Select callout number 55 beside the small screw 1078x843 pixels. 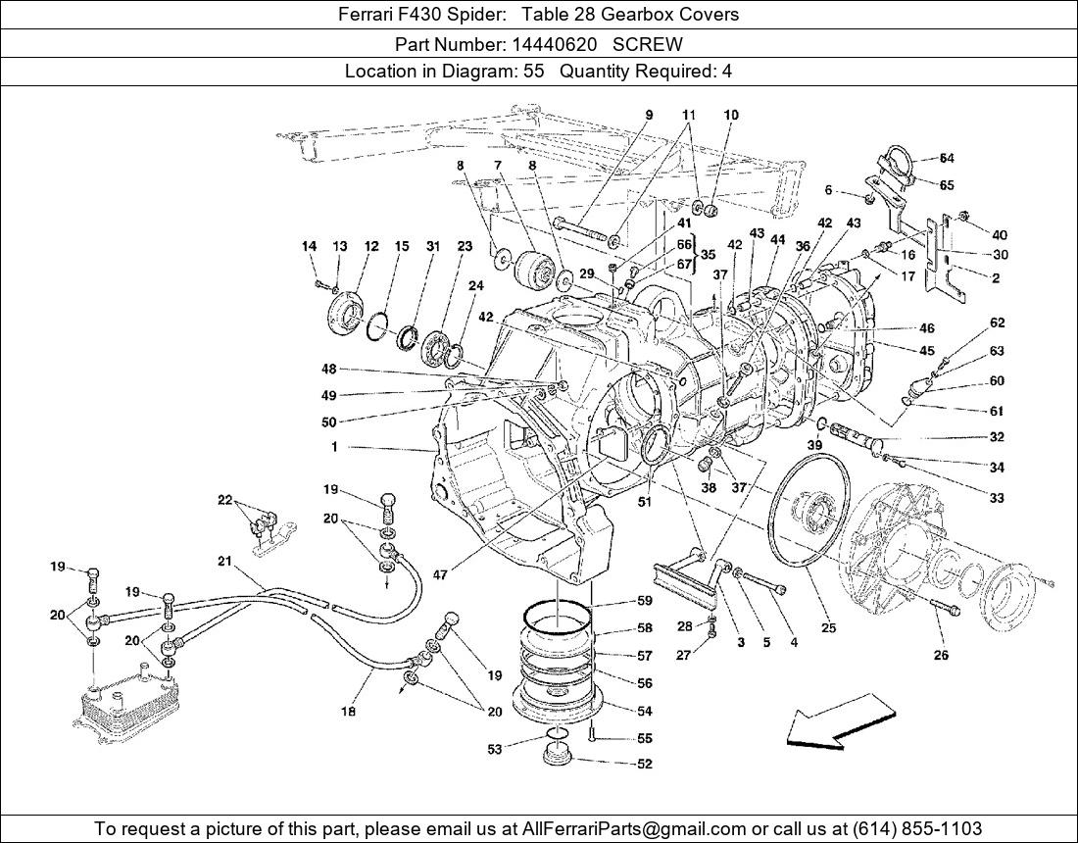click(x=644, y=738)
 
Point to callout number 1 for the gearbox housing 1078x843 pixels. click(x=334, y=447)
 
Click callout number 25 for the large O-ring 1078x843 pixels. click(x=828, y=628)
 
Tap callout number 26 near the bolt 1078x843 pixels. click(x=941, y=656)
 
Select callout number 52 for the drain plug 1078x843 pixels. click(x=644, y=764)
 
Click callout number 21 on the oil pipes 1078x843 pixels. click(x=224, y=561)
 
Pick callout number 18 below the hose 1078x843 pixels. click(x=348, y=711)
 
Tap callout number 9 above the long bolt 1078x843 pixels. click(x=648, y=115)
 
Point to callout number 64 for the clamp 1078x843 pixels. click(x=947, y=158)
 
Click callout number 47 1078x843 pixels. click(x=440, y=575)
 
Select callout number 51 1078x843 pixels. click(x=644, y=503)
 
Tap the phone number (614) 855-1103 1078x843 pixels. click(x=916, y=828)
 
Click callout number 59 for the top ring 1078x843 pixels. click(x=644, y=601)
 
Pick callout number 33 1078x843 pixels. click(x=997, y=498)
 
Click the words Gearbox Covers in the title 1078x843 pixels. click(x=679, y=15)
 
